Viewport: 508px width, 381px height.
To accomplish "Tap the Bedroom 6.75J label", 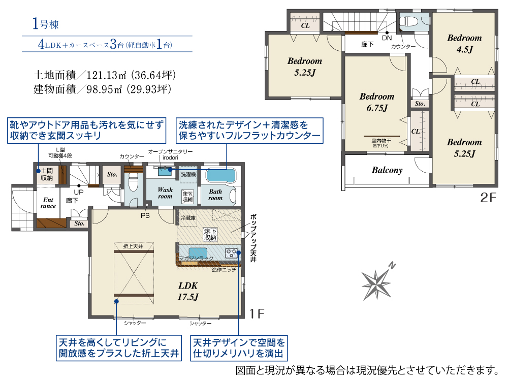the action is click(377, 102).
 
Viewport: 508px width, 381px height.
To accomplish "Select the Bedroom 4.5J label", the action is click(464, 43).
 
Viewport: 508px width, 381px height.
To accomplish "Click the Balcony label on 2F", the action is click(387, 170).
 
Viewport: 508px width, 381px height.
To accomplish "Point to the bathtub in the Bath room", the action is click(220, 176).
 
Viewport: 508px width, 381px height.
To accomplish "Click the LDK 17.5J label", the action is click(188, 291).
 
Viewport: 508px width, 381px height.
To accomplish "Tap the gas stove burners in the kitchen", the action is click(231, 252).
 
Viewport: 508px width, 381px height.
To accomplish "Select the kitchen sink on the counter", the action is click(198, 252).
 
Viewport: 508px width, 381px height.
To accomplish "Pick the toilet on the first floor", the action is click(133, 183).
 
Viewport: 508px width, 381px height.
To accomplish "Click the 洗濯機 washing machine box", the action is click(188, 175).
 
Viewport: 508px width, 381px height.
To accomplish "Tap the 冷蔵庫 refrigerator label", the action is click(188, 218).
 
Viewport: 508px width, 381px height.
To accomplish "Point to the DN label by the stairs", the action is click(387, 38).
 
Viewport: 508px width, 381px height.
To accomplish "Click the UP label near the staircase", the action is click(79, 192).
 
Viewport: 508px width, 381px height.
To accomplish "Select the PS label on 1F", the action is click(145, 215).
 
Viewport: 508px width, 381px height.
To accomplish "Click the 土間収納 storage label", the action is click(47, 174).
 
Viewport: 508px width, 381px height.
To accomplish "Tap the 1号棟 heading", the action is click(45, 24).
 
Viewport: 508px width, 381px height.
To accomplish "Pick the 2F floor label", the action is click(488, 198).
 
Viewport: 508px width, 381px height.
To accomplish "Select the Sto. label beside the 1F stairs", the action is click(112, 174).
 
